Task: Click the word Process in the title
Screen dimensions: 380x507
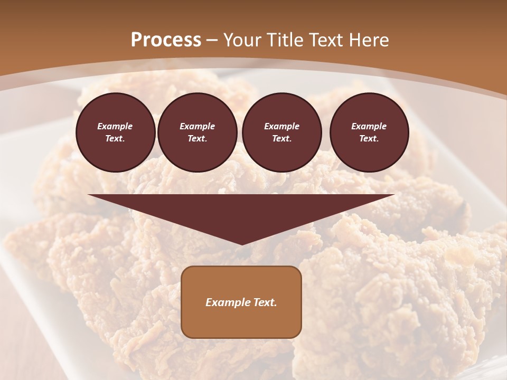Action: coord(166,40)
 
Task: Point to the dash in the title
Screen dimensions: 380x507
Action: coord(212,41)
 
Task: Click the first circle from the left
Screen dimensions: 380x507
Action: coord(116,132)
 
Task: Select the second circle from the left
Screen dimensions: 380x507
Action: coord(198,132)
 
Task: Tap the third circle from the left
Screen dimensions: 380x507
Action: coord(282,132)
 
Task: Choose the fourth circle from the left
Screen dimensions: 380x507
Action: coord(369,132)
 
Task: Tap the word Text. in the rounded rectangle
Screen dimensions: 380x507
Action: coord(264,302)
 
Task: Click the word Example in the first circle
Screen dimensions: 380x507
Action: coord(115,126)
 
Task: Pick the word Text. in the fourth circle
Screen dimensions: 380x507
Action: coord(369,138)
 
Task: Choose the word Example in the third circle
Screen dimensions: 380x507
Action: coord(282,126)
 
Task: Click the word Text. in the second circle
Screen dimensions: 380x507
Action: coord(198,138)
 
